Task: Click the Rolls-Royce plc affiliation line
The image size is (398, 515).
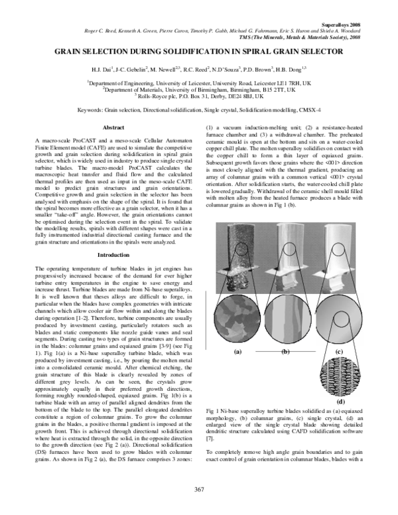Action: point(198,95)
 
